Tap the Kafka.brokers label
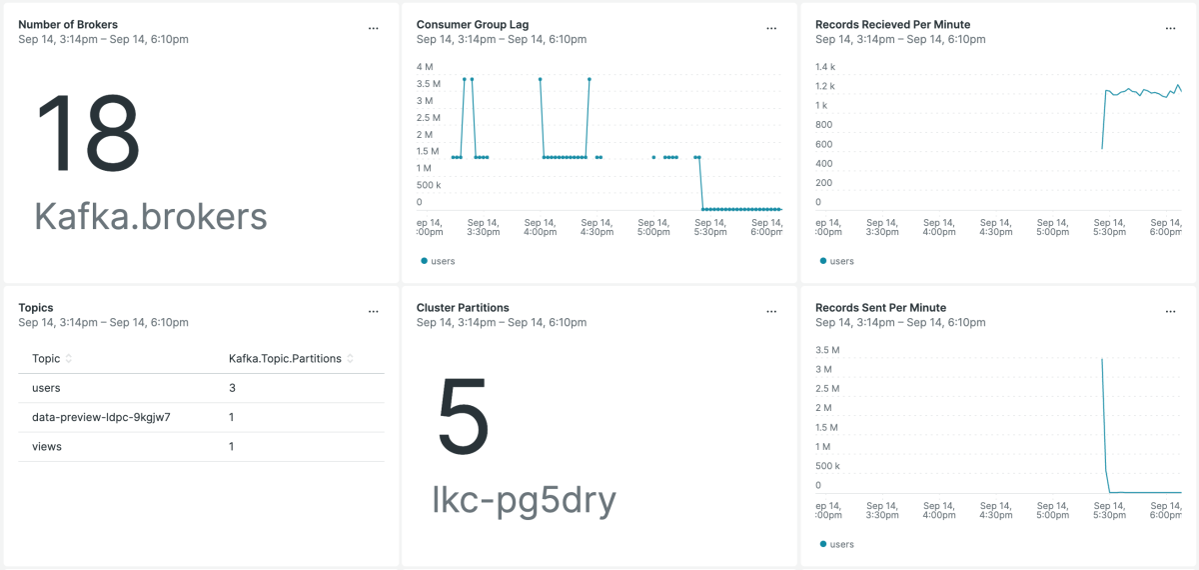[x=151, y=216]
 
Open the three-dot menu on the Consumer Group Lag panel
[x=771, y=29]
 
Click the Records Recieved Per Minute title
[x=892, y=24]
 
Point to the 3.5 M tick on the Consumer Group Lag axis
[x=425, y=84]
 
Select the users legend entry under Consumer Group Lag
[x=438, y=261]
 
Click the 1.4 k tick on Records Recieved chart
[x=824, y=67]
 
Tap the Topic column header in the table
[x=46, y=358]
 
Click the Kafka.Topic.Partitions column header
[x=285, y=358]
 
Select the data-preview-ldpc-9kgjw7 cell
[x=101, y=417]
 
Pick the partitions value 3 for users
[x=232, y=388]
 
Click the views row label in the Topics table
[x=47, y=447]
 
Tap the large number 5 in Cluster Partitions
[x=464, y=418]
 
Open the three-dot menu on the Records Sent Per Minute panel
[x=1170, y=312]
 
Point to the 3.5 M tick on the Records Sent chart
[x=826, y=350]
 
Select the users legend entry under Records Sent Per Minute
[x=837, y=544]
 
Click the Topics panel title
[x=36, y=308]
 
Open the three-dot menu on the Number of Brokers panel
[x=373, y=29]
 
